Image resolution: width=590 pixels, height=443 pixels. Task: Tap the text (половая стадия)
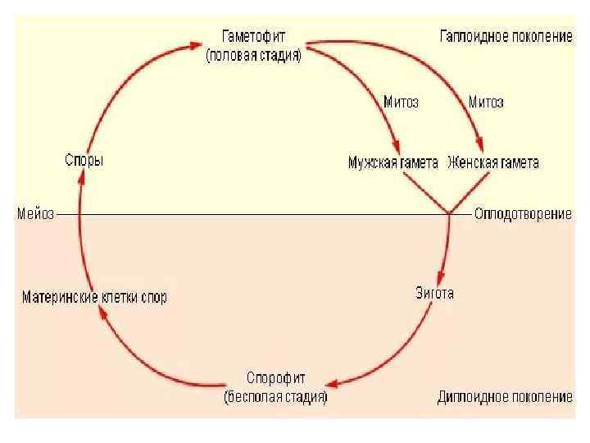[x=254, y=56]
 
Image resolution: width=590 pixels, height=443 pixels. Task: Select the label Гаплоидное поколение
[x=506, y=38]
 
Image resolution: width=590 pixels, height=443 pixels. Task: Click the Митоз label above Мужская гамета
[x=401, y=103]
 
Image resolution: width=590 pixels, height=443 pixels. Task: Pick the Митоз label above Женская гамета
[x=486, y=103]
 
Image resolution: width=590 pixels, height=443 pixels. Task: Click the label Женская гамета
[x=493, y=162]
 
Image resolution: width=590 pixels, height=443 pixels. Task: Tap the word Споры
[x=84, y=161]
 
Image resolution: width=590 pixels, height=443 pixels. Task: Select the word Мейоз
[x=36, y=214]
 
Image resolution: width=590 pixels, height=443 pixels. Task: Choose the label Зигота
[x=435, y=293]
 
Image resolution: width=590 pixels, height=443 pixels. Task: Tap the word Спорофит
[x=276, y=378]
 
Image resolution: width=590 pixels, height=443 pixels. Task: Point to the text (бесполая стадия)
[x=276, y=397]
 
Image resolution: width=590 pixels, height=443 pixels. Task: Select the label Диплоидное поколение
[x=505, y=397]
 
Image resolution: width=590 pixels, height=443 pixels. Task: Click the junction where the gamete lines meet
[x=450, y=213]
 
